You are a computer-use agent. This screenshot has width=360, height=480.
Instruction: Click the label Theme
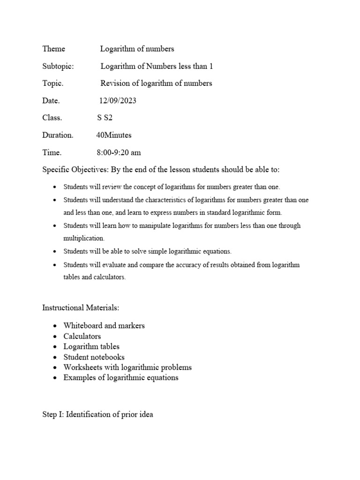(x=54, y=49)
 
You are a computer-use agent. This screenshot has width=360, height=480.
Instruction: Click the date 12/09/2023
(x=118, y=101)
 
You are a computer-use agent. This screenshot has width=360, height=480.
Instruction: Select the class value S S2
(x=105, y=118)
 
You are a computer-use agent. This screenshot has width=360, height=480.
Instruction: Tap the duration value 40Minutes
(x=114, y=135)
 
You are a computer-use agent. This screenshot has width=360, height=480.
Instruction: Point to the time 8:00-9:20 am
(x=119, y=153)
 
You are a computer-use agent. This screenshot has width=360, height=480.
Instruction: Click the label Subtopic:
(x=58, y=66)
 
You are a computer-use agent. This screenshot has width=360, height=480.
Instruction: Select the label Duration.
(x=58, y=135)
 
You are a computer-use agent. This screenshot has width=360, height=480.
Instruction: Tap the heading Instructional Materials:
(x=81, y=308)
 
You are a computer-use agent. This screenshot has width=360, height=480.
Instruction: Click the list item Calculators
(x=82, y=336)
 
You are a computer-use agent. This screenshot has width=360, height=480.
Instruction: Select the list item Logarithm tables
(x=91, y=346)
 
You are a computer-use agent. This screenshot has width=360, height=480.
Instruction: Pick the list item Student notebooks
(x=94, y=357)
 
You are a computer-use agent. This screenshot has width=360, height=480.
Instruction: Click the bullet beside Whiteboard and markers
(x=55, y=326)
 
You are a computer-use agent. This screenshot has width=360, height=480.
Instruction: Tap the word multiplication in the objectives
(x=83, y=238)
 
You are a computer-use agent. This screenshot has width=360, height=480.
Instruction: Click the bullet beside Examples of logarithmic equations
(x=55, y=378)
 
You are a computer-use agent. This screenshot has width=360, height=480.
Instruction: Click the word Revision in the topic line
(x=114, y=83)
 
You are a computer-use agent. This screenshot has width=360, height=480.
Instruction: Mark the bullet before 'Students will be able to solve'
(x=55, y=251)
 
